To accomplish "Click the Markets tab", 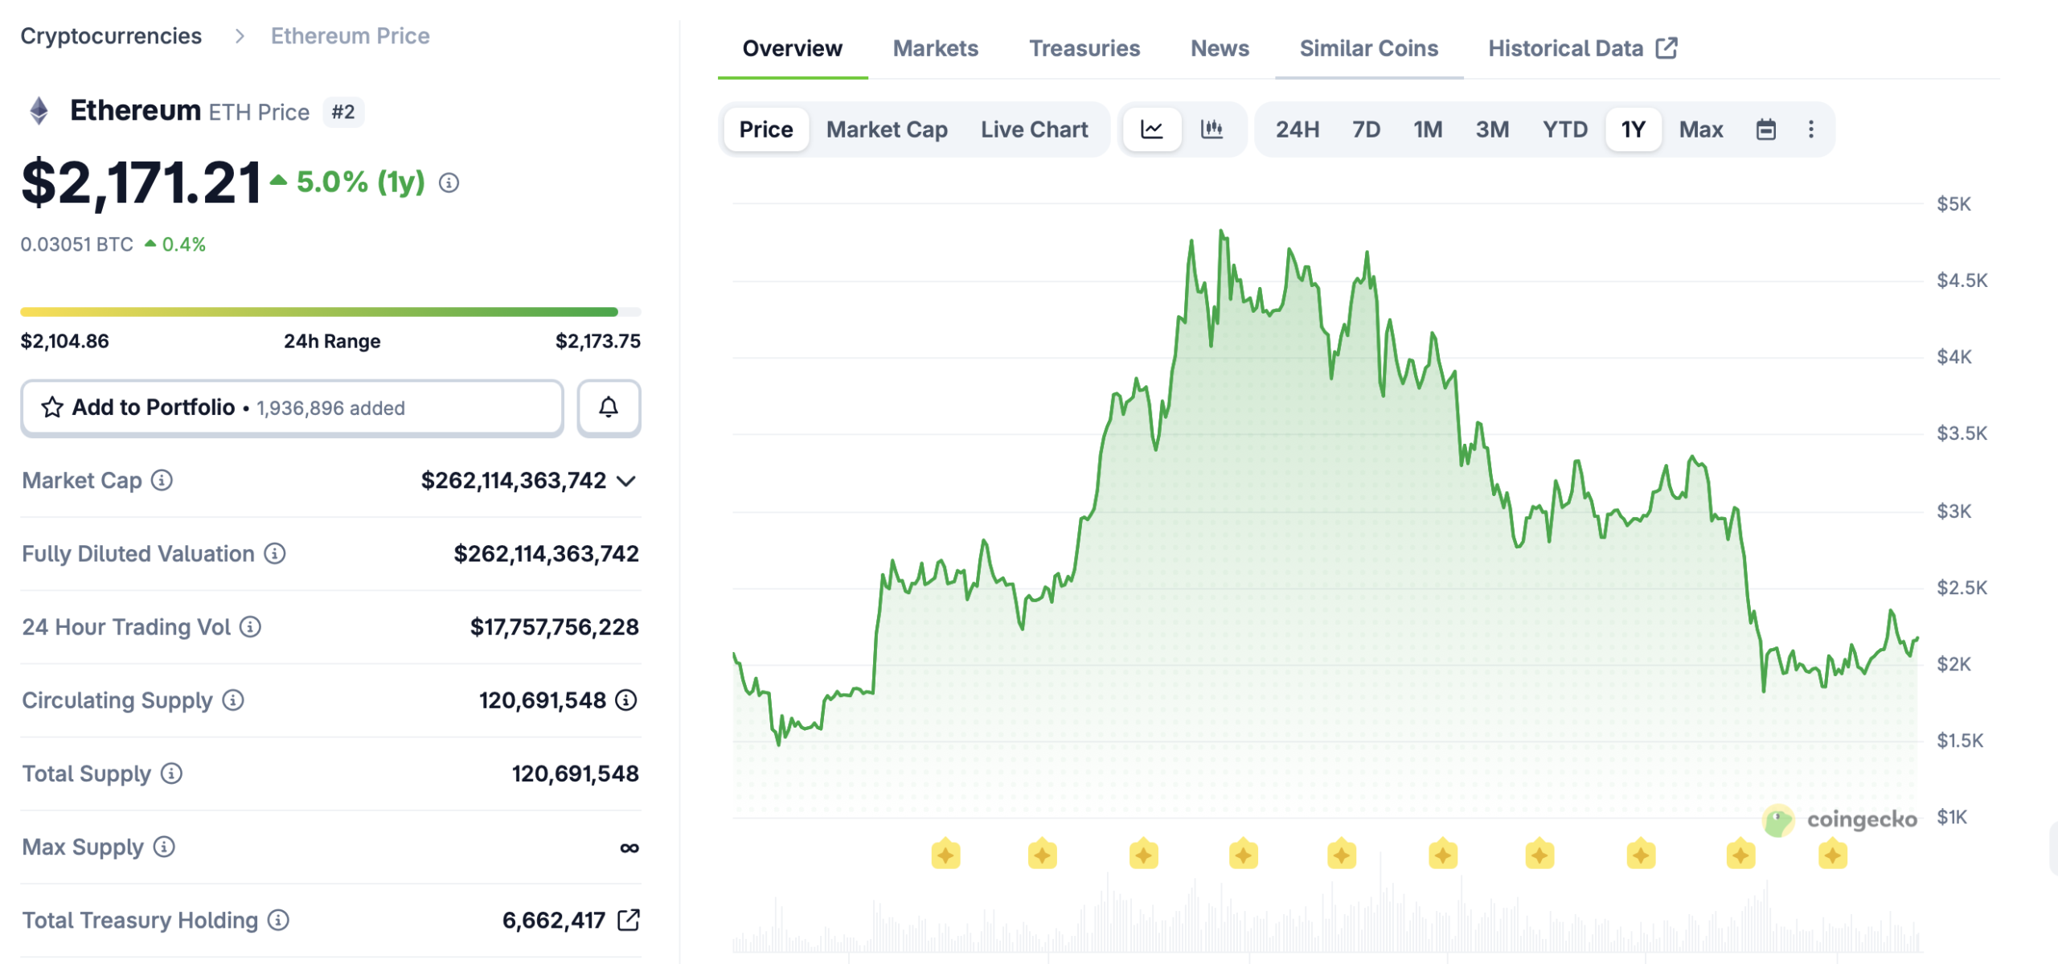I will tap(935, 48).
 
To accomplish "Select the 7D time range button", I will tap(1366, 129).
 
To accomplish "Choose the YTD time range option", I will tap(1564, 129).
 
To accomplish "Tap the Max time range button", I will tap(1700, 129).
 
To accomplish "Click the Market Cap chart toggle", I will tap(887, 129).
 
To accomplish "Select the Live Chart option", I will tap(1034, 129).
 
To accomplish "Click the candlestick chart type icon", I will tap(1211, 129).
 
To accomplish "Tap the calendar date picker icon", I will tap(1765, 129).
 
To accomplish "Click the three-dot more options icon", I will tap(1810, 129).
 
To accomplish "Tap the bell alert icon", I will tap(609, 408).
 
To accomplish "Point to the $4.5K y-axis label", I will tap(1962, 281).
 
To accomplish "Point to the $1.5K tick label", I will tap(1960, 740).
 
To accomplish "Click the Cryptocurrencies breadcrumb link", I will tap(111, 36).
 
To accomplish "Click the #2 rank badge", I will tap(343, 112).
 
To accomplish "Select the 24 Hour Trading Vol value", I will tap(554, 627).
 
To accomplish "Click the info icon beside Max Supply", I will tap(164, 847).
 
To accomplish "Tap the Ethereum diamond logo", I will tap(39, 111).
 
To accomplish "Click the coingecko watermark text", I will tap(1861, 819).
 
